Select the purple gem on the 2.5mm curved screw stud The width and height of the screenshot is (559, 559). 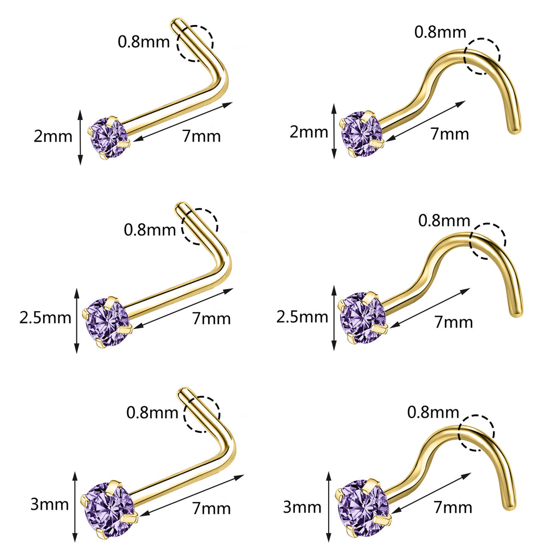click(362, 318)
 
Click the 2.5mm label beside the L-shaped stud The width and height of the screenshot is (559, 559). click(45, 318)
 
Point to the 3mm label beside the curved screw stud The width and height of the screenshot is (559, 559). click(302, 507)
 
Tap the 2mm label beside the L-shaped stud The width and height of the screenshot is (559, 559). click(53, 136)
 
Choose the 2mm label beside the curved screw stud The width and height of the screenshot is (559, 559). click(309, 132)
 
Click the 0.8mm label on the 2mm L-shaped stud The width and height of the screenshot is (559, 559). click(144, 42)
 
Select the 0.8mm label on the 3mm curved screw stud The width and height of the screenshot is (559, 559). click(433, 413)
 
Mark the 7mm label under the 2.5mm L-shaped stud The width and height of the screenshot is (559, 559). click(212, 318)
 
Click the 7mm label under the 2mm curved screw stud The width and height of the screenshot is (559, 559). click(450, 134)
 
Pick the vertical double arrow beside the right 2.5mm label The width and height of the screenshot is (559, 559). click(334, 318)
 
